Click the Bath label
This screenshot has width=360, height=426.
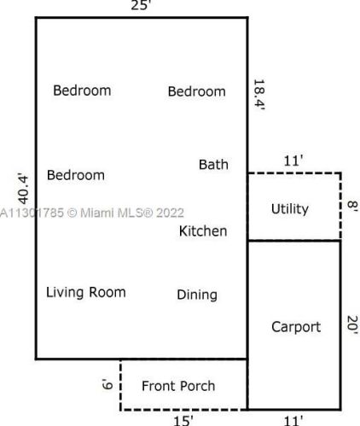point(213,165)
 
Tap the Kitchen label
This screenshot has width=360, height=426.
point(203,231)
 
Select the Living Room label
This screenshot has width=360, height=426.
point(85,293)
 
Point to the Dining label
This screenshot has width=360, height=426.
point(197,295)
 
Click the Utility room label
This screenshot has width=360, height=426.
point(289,209)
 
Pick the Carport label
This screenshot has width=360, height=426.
point(295,327)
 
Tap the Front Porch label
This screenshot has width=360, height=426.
point(178,386)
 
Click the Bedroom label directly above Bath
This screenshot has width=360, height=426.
point(197,91)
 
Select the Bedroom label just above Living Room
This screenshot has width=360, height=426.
point(76,176)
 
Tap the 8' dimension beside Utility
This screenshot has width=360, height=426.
point(351,207)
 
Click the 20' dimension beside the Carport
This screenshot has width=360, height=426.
point(351,325)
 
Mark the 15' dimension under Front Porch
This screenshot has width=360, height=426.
point(183,419)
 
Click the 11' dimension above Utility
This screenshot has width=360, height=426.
point(294,160)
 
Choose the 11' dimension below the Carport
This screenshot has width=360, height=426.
point(293,419)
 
